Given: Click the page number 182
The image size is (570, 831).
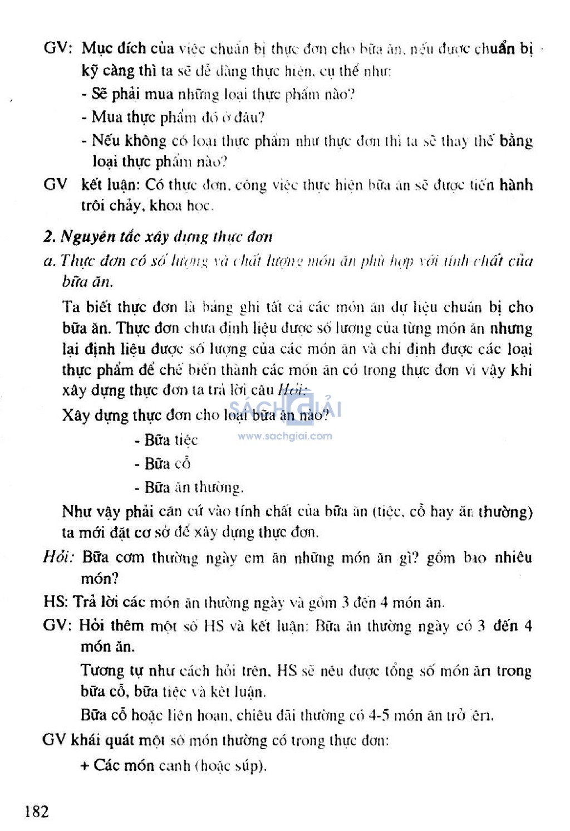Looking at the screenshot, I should (x=37, y=811).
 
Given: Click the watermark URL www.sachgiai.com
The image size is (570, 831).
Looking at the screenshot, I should (x=284, y=436).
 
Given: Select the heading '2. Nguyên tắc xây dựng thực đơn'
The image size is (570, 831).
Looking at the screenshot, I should (x=158, y=237).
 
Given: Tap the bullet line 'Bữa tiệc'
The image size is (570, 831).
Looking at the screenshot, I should (x=166, y=440).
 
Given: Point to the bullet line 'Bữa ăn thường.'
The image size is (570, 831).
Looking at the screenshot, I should (x=189, y=487).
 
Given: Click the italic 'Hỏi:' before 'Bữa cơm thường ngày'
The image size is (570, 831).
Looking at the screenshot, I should (x=58, y=557).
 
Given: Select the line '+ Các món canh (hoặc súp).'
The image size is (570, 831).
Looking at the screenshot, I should (x=174, y=765).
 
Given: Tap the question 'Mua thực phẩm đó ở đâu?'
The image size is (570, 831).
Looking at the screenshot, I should (x=173, y=117).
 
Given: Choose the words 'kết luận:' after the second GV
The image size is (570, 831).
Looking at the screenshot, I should (x=111, y=184).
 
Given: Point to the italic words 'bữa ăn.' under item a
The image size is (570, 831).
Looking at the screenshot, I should (x=87, y=282).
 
